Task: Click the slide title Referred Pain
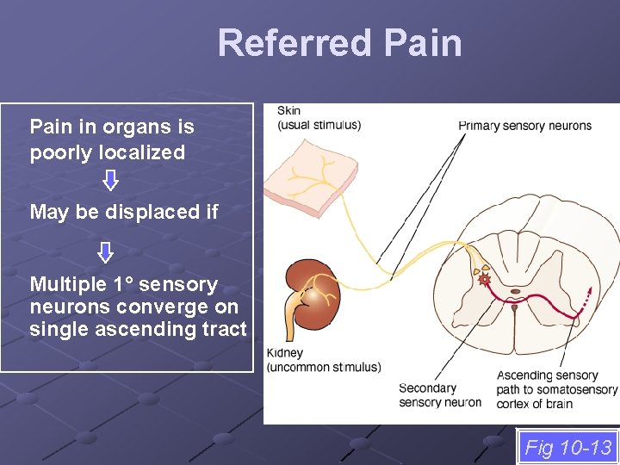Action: tap(339, 43)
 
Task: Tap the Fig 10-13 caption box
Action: tap(568, 448)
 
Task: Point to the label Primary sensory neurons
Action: tap(524, 126)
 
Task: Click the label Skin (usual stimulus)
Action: tap(319, 118)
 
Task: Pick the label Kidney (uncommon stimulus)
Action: tap(323, 360)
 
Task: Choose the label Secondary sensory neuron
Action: tap(440, 395)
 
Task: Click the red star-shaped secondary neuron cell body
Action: tap(485, 279)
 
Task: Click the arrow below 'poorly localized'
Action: tap(110, 180)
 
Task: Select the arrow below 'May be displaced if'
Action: tap(105, 252)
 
